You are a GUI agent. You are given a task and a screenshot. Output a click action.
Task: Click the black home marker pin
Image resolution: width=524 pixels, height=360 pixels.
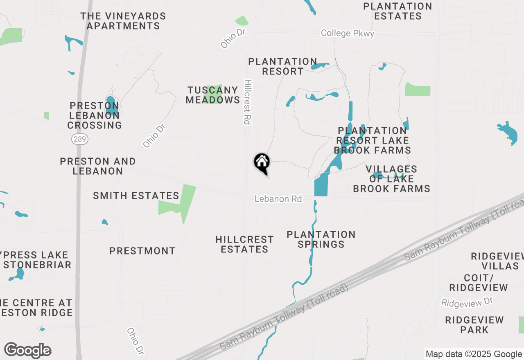(262, 163)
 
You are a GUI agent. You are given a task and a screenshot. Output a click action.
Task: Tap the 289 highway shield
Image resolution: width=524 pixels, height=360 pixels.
(80, 139)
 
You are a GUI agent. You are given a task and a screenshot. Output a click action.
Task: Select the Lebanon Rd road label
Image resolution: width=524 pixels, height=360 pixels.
(278, 199)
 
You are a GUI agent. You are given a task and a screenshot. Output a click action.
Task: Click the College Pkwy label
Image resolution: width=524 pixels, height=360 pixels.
(347, 33)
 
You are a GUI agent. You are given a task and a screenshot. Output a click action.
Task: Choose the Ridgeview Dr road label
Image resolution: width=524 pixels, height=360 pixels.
(467, 302)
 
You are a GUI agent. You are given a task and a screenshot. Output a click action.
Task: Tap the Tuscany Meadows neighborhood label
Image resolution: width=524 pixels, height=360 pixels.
(213, 95)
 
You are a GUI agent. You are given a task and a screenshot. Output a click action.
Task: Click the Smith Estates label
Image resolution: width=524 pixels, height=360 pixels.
(136, 196)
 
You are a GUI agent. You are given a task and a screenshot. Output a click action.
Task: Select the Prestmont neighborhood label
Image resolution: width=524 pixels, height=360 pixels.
(142, 251)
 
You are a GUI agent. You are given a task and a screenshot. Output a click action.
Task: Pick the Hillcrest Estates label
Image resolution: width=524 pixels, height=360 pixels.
(244, 244)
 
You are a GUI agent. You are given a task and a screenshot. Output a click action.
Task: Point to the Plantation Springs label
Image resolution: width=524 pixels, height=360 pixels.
(321, 239)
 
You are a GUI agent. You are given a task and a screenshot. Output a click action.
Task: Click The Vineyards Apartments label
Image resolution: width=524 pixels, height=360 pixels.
(123, 21)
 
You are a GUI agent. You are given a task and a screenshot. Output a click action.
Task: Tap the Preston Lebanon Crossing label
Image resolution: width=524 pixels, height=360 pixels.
(95, 115)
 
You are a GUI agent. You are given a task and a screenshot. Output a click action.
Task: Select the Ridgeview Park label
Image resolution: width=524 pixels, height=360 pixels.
(474, 325)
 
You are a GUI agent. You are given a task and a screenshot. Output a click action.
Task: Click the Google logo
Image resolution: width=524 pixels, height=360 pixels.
(27, 351)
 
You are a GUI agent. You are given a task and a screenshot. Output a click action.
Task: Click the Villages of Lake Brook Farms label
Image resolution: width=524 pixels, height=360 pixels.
(391, 179)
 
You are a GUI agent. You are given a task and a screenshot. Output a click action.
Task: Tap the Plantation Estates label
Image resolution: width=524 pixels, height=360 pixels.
(398, 11)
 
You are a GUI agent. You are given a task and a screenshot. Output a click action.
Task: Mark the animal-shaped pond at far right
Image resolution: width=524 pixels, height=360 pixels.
(508, 132)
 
